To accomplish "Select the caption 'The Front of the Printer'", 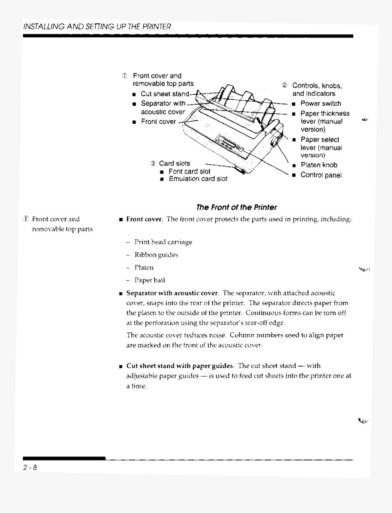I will [x=236, y=207].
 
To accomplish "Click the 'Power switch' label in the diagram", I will [x=320, y=104].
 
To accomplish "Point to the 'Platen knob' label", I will [x=319, y=166].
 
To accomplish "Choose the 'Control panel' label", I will [x=321, y=175].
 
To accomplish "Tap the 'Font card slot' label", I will [x=189, y=171].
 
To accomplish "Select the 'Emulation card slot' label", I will [x=198, y=179].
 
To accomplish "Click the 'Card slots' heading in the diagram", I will [x=174, y=163].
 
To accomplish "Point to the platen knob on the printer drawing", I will [x=275, y=142].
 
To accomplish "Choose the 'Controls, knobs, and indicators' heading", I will [x=317, y=89].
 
